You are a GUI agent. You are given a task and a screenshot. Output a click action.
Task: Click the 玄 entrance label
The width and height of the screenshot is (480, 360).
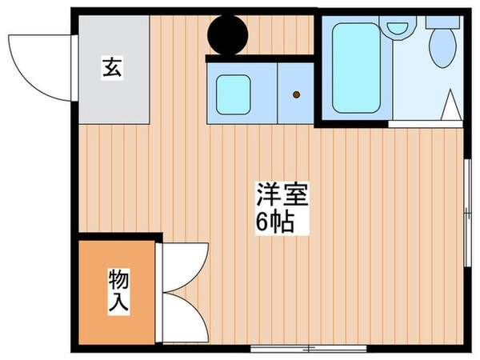coord(111,69)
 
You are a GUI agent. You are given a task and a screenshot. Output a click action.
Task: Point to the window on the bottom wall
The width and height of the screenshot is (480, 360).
coord(308,348)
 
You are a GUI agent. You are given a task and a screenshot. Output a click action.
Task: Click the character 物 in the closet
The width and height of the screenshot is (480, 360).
coord(118,279)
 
